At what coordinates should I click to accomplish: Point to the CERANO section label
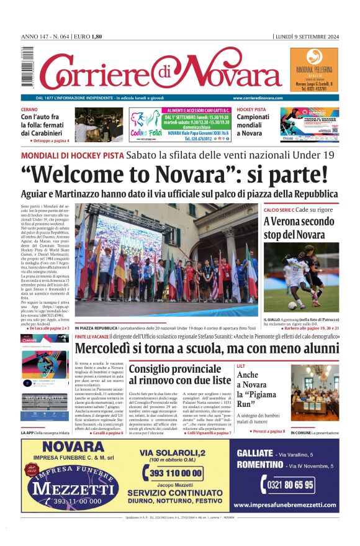(x=29, y=109)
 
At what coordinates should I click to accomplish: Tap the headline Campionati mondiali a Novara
(x=253, y=125)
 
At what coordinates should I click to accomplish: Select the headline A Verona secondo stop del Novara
(x=299, y=228)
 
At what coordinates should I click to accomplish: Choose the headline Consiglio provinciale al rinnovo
(x=179, y=374)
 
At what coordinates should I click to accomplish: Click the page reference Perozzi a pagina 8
(x=269, y=430)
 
